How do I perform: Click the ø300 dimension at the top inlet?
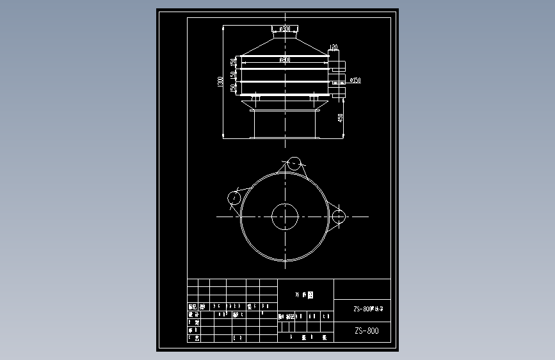pos(285,29)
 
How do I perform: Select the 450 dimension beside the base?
pos(341,118)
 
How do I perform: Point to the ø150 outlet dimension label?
pos(355,80)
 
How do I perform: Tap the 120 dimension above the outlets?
pos(334,47)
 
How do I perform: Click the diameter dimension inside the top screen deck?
pos(285,60)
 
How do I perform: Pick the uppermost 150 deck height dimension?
pos(234,62)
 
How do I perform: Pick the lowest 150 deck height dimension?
pos(234,88)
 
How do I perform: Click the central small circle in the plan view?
pos(284,216)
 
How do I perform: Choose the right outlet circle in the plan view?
pos(338,217)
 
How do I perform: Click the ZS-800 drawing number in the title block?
pos(366,331)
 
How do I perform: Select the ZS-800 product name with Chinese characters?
pos(368,309)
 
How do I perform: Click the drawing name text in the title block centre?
pos(305,296)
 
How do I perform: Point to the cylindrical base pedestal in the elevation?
pos(285,124)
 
